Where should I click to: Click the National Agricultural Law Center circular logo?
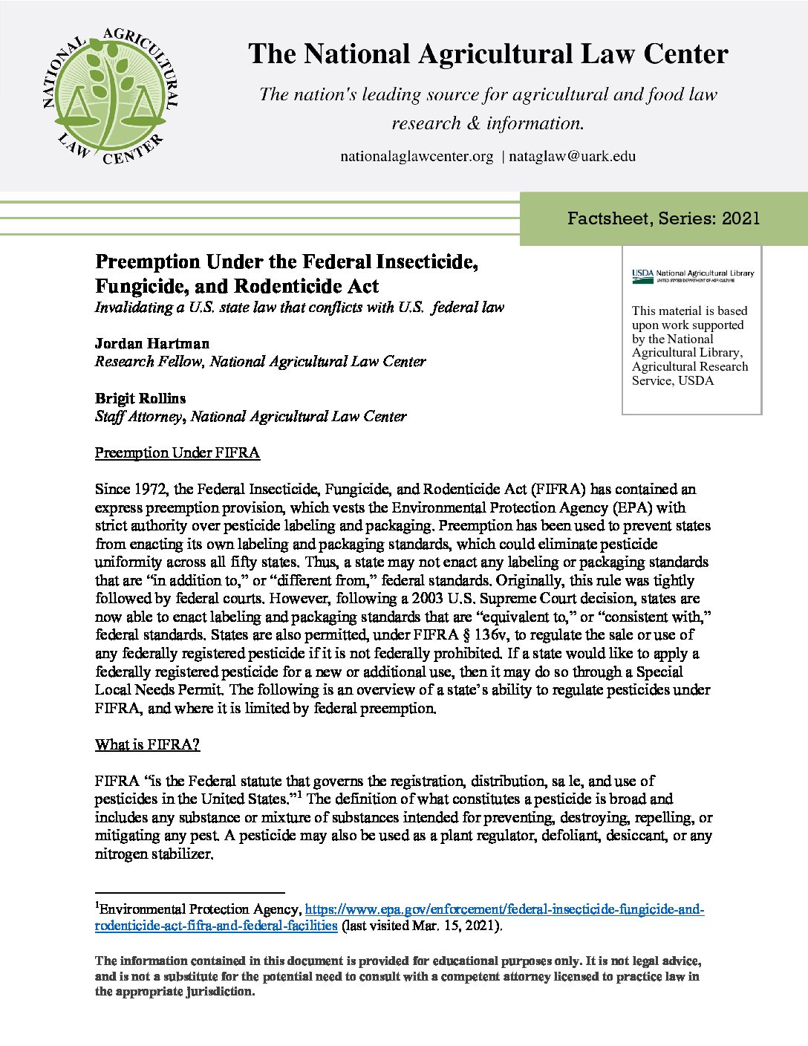pyautogui.click(x=110, y=96)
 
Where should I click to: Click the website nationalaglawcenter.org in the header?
pyautogui.click(x=417, y=156)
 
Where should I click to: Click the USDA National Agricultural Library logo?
pyautogui.click(x=692, y=275)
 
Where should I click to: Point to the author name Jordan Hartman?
pyautogui.click(x=152, y=343)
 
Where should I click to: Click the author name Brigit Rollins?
pyautogui.click(x=140, y=398)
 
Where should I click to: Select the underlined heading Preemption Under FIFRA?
pyautogui.click(x=177, y=452)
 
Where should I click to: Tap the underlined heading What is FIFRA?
pyautogui.click(x=147, y=744)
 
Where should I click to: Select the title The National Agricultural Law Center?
pyautogui.click(x=488, y=54)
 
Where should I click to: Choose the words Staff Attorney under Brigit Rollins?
pyautogui.click(x=137, y=416)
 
